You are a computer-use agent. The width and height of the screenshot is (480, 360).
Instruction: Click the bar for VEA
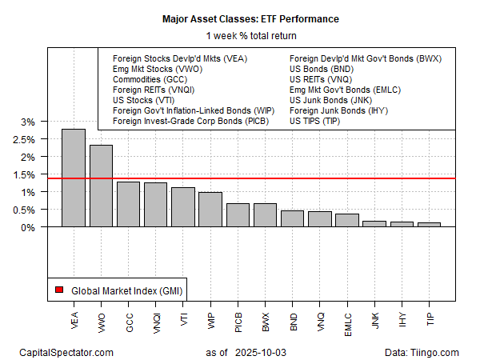tap(74, 178)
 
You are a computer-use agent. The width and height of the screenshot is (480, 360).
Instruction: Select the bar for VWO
tap(101, 186)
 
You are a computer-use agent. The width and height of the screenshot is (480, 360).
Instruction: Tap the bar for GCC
tap(128, 204)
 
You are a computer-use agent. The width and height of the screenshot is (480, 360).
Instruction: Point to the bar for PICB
tap(238, 214)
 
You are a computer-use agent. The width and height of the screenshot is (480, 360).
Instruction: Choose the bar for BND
tap(292, 218)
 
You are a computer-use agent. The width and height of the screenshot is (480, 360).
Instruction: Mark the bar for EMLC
tap(346, 220)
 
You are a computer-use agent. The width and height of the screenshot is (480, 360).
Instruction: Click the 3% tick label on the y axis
tap(26, 122)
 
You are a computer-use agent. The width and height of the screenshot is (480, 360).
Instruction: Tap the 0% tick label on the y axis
tap(26, 227)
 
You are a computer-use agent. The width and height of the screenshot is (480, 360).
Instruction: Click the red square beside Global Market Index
tap(59, 289)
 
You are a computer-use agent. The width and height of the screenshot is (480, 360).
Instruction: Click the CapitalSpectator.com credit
tap(66, 352)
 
